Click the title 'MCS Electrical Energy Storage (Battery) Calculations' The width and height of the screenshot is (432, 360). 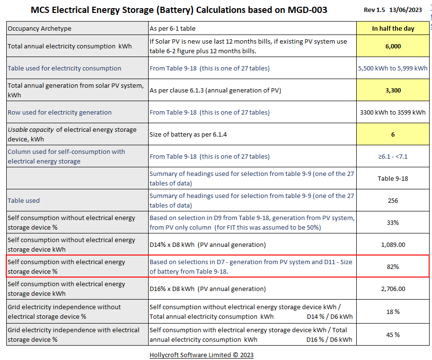click(x=179, y=10)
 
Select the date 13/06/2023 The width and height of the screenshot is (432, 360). click(x=409, y=10)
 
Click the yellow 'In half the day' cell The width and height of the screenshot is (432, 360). click(x=393, y=28)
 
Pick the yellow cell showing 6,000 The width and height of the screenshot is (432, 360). click(x=393, y=46)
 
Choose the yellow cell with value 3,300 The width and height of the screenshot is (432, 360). click(x=393, y=90)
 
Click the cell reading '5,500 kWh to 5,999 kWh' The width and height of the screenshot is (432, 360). click(x=393, y=68)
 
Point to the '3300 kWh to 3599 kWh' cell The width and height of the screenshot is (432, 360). click(x=393, y=112)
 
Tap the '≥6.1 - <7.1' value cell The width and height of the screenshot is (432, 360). click(x=393, y=156)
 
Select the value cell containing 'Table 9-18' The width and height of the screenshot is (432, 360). click(x=393, y=178)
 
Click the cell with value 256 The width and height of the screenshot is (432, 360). click(x=393, y=200)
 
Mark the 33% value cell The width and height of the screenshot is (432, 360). click(x=393, y=222)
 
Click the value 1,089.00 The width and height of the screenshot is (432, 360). click(x=393, y=244)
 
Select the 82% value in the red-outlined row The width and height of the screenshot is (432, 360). click(x=393, y=267)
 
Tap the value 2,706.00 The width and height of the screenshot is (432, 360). click(x=393, y=289)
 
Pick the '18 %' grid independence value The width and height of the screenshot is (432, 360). click(x=393, y=312)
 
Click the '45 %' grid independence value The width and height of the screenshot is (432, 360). click(x=393, y=335)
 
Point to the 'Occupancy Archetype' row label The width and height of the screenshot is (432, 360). click(x=39, y=28)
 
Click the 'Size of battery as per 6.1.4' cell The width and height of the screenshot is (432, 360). click(x=188, y=134)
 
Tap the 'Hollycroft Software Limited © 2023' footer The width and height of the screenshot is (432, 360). click(x=201, y=355)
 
